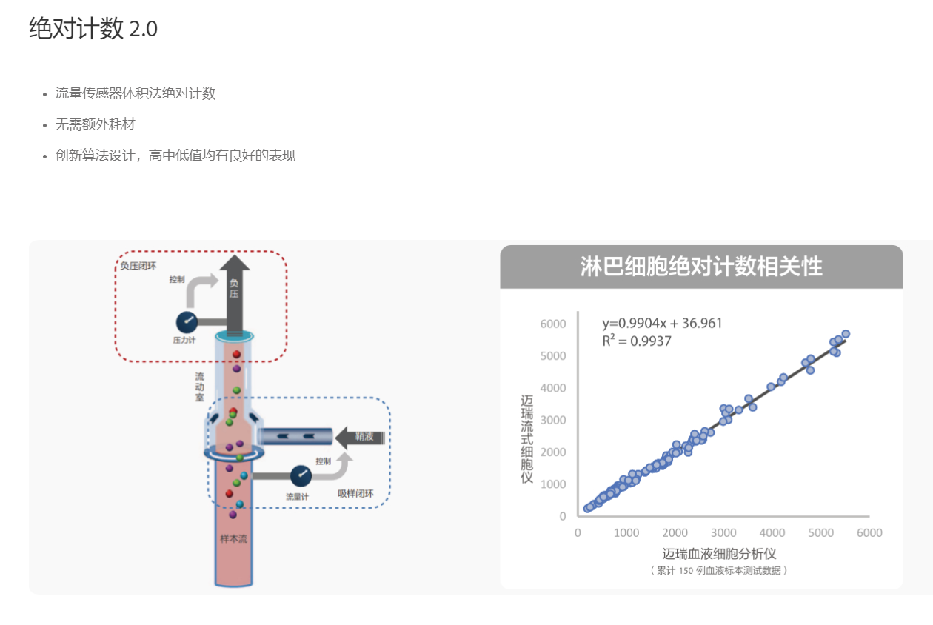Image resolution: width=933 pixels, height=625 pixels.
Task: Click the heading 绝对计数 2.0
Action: [93, 29]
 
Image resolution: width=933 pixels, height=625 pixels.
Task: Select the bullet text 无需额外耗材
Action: [95, 124]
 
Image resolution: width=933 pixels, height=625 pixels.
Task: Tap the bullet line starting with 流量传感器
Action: [135, 93]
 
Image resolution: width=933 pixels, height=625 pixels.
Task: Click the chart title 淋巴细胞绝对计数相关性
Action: [700, 267]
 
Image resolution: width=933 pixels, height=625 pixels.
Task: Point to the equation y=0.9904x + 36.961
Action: [662, 323]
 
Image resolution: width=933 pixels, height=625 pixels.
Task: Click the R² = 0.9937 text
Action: [636, 341]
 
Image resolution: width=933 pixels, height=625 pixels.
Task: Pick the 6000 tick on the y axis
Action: [552, 324]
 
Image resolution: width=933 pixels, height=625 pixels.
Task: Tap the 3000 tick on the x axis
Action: [723, 533]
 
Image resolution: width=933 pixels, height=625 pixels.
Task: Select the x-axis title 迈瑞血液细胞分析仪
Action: [719, 553]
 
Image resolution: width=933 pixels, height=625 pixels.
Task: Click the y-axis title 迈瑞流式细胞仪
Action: [527, 439]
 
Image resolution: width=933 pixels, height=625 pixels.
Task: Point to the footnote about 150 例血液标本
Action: [719, 570]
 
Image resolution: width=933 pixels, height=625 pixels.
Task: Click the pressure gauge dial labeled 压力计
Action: [186, 322]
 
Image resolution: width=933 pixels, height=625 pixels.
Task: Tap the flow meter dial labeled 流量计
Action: [301, 475]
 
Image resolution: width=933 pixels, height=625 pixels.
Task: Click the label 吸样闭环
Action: [355, 494]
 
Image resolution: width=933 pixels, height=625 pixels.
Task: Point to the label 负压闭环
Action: [138, 264]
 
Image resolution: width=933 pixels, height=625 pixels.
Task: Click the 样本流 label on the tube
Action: [234, 538]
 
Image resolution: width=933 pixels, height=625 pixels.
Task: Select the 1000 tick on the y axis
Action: [552, 484]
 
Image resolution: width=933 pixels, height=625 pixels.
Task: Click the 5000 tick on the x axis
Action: [821, 533]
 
